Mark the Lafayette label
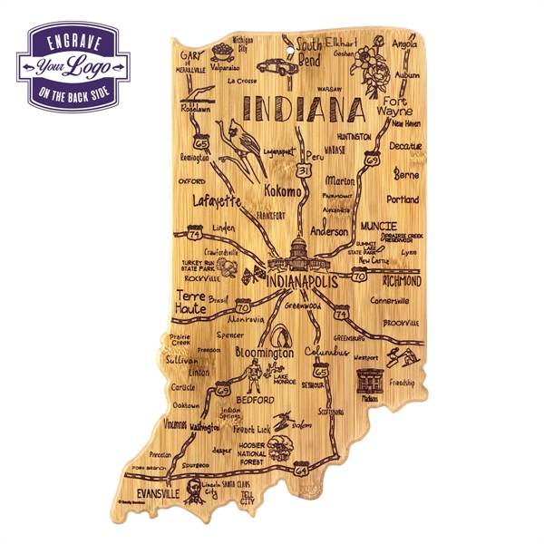point(217,201)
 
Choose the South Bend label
point(311,52)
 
